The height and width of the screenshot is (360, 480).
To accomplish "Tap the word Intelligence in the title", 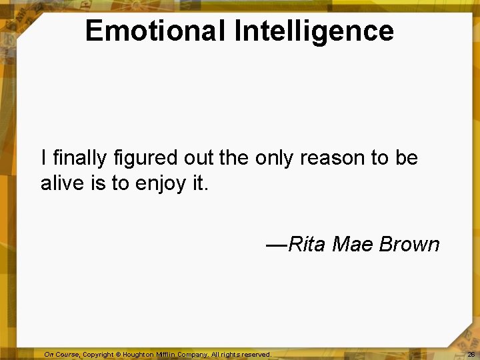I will (314, 31).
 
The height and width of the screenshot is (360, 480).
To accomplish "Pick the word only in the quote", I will (273, 158).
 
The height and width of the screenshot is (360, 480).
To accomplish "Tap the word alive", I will (62, 183).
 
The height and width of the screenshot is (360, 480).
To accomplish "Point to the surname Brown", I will (409, 245).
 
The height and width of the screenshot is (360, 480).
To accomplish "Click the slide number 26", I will (471, 355).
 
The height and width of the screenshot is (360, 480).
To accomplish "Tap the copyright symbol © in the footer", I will (118, 355).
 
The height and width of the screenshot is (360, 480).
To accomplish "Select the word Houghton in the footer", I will (139, 355).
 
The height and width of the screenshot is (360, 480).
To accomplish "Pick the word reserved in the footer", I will (256, 355).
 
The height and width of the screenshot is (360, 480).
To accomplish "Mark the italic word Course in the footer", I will (68, 355).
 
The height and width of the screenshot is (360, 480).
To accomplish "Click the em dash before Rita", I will (276, 245).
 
